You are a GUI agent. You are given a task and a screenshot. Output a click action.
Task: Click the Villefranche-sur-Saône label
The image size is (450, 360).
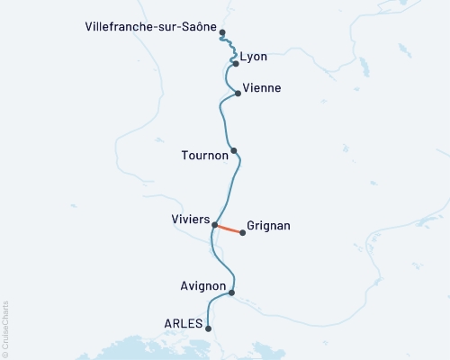tap(141, 27)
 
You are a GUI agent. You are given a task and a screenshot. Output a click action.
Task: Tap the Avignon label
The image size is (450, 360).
tap(203, 286)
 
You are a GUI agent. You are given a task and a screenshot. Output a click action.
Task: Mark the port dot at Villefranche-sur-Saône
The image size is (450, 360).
tap(222, 32)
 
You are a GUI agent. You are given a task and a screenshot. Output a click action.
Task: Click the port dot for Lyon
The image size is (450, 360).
tap(236, 64)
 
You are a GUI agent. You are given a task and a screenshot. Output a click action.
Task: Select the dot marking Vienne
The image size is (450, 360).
tap(238, 93)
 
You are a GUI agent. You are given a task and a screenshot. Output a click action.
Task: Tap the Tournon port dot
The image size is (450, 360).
tap(233, 151)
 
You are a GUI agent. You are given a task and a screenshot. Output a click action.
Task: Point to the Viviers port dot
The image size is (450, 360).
tap(214, 225)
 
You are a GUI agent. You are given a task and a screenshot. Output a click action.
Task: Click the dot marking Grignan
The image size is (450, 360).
tap(243, 233)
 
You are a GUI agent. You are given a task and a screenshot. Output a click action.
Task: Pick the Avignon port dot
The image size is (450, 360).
tap(232, 292)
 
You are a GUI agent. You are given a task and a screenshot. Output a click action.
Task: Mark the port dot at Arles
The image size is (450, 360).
tap(209, 328)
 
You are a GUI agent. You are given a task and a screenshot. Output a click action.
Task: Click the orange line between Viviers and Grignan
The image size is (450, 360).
tap(229, 229)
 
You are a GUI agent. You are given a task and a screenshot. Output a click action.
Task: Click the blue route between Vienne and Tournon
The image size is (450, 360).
tap(221, 121)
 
